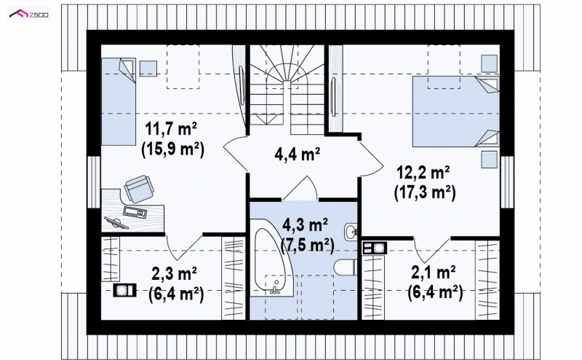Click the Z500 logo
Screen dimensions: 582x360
[x=29, y=15]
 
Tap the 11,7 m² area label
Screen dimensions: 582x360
[x=171, y=129]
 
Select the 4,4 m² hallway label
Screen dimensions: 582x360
[x=298, y=153]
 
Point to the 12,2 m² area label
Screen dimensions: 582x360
[x=423, y=172]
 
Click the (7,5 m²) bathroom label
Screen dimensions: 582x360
[x=308, y=245]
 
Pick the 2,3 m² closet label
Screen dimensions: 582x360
[x=174, y=274]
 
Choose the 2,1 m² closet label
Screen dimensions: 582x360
[x=433, y=273]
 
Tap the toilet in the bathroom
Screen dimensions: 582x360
[x=345, y=267]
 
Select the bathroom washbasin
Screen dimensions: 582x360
[x=351, y=232]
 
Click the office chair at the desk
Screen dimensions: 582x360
[x=139, y=189]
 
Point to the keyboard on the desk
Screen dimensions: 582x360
[x=135, y=211]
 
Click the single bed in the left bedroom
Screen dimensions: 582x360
[x=119, y=101]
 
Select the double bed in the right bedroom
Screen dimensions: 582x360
[x=456, y=111]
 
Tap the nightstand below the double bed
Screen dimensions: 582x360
[x=489, y=160]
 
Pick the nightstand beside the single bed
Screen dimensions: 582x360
[x=148, y=69]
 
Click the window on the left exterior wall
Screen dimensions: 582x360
[x=95, y=182]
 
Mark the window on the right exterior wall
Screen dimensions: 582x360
[x=507, y=182]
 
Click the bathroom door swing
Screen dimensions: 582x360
[x=300, y=189]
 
